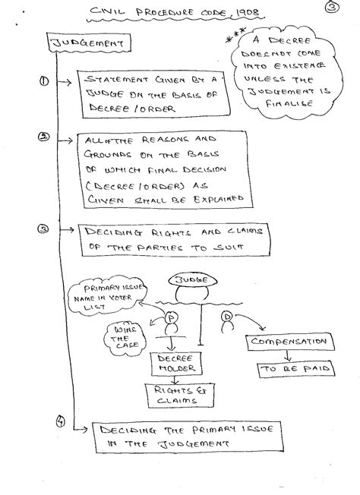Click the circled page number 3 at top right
[332, 7]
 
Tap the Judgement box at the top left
[88, 43]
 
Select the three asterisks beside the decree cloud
[235, 35]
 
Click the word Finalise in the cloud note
[289, 103]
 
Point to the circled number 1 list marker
[44, 81]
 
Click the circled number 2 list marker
[43, 137]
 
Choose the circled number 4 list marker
[61, 421]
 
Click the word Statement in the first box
[116, 79]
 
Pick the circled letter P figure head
[172, 318]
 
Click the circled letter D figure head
[227, 316]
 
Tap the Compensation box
[289, 342]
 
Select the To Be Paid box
[296, 368]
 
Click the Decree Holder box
[176, 364]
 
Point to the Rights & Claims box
[180, 396]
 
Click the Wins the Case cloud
[125, 339]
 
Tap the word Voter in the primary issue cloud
[120, 298]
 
